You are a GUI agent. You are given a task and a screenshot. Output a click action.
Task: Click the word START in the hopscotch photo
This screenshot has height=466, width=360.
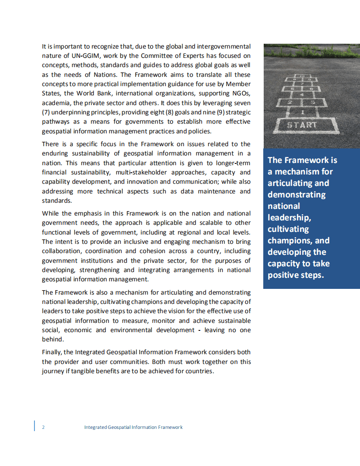click(302, 125)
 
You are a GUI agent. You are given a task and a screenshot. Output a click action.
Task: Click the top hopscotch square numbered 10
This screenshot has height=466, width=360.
click(302, 76)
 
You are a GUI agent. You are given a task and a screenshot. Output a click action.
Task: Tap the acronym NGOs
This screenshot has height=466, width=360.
click(242, 93)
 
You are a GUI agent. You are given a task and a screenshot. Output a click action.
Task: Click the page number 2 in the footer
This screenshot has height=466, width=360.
click(43, 427)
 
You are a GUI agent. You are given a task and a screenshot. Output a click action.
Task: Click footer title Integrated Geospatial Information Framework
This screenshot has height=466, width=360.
click(133, 427)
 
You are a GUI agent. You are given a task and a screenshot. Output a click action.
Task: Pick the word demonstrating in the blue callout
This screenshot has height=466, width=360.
click(296, 194)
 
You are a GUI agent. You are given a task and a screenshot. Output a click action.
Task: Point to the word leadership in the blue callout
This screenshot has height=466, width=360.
click(289, 217)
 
